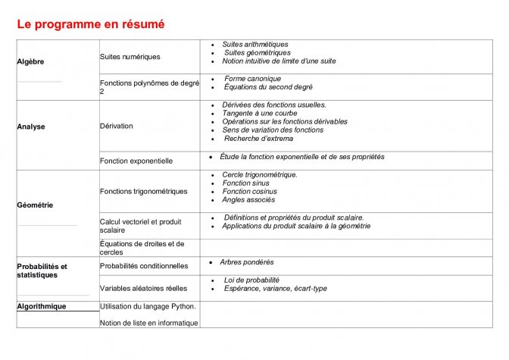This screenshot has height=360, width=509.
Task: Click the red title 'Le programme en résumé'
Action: click(91, 24)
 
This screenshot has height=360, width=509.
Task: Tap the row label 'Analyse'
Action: click(31, 127)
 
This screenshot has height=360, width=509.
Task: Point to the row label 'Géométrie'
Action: click(35, 205)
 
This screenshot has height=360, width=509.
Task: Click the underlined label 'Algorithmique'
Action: click(42, 306)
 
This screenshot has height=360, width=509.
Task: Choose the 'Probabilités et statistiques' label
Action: click(42, 271)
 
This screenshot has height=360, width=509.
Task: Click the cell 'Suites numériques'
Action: click(130, 57)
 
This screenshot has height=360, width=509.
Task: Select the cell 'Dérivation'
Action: click(117, 126)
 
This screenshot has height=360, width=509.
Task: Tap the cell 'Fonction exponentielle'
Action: click(136, 161)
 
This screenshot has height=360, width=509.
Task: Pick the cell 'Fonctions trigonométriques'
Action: click(144, 191)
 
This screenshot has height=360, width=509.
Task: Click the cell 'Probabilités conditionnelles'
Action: click(144, 266)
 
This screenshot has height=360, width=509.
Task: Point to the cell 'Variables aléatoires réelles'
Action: click(143, 288)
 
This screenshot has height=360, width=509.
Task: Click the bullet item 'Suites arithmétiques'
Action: click(255, 45)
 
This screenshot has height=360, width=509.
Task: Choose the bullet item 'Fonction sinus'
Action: click(246, 183)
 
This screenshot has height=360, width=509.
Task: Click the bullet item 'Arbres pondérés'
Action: click(247, 262)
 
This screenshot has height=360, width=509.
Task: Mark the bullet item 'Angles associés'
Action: click(248, 200)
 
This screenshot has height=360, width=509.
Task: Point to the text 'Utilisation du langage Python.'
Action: click(148, 306)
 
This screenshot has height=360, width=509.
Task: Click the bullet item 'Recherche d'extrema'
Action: click(258, 139)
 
